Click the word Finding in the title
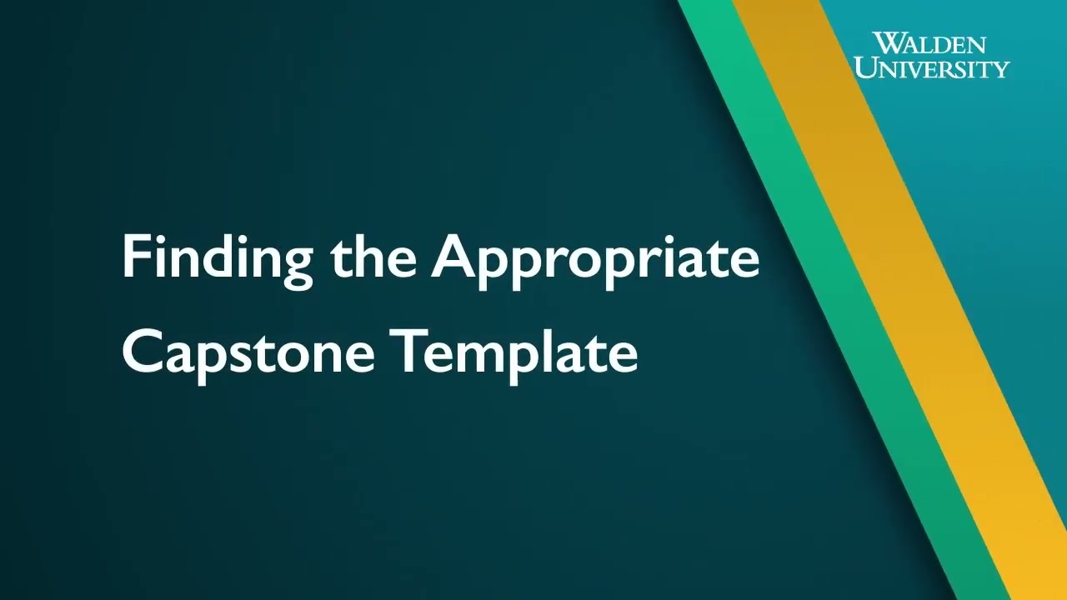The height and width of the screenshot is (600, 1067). tap(217, 258)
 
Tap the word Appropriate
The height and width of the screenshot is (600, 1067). tap(595, 258)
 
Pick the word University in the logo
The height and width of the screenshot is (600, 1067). tap(931, 67)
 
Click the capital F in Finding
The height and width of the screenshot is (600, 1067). tap(135, 257)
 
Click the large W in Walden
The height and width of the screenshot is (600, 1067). tap(886, 43)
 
